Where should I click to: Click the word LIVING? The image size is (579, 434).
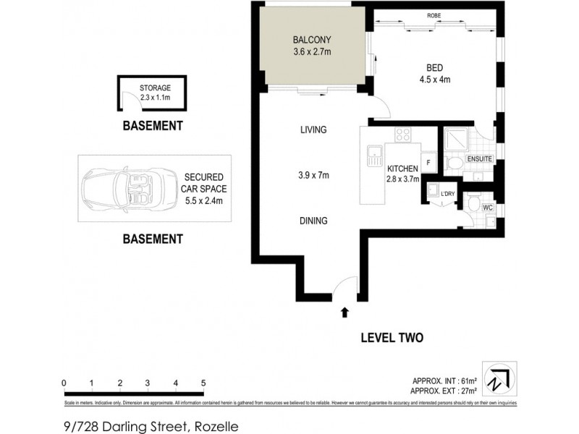[313, 130]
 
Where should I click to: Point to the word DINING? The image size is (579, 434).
[313, 221]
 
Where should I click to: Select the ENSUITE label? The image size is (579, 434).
[480, 158]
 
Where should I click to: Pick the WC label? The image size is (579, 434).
[487, 208]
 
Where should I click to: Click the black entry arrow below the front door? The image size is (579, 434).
[344, 312]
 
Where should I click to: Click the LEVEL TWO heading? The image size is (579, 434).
[391, 338]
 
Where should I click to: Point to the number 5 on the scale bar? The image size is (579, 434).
[203, 383]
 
